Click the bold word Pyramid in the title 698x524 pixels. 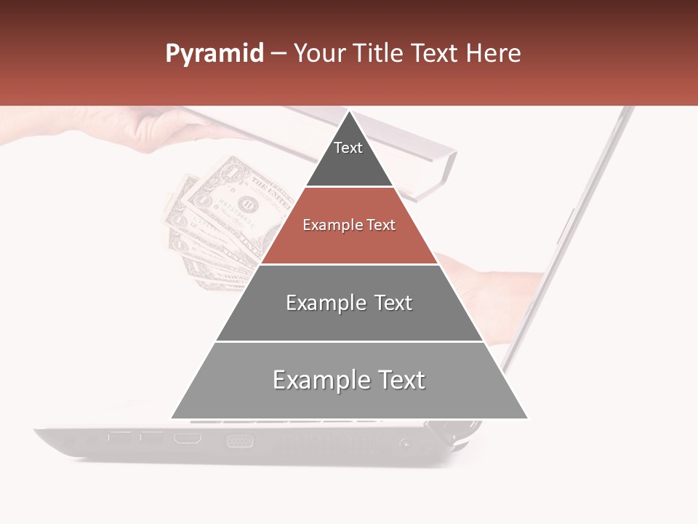pyautogui.click(x=214, y=54)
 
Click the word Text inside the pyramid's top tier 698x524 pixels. pyautogui.click(x=348, y=148)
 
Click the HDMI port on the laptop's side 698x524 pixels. pyautogui.click(x=188, y=439)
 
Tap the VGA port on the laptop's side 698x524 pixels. pyautogui.click(x=240, y=440)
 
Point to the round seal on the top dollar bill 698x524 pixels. pyautogui.click(x=249, y=203)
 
